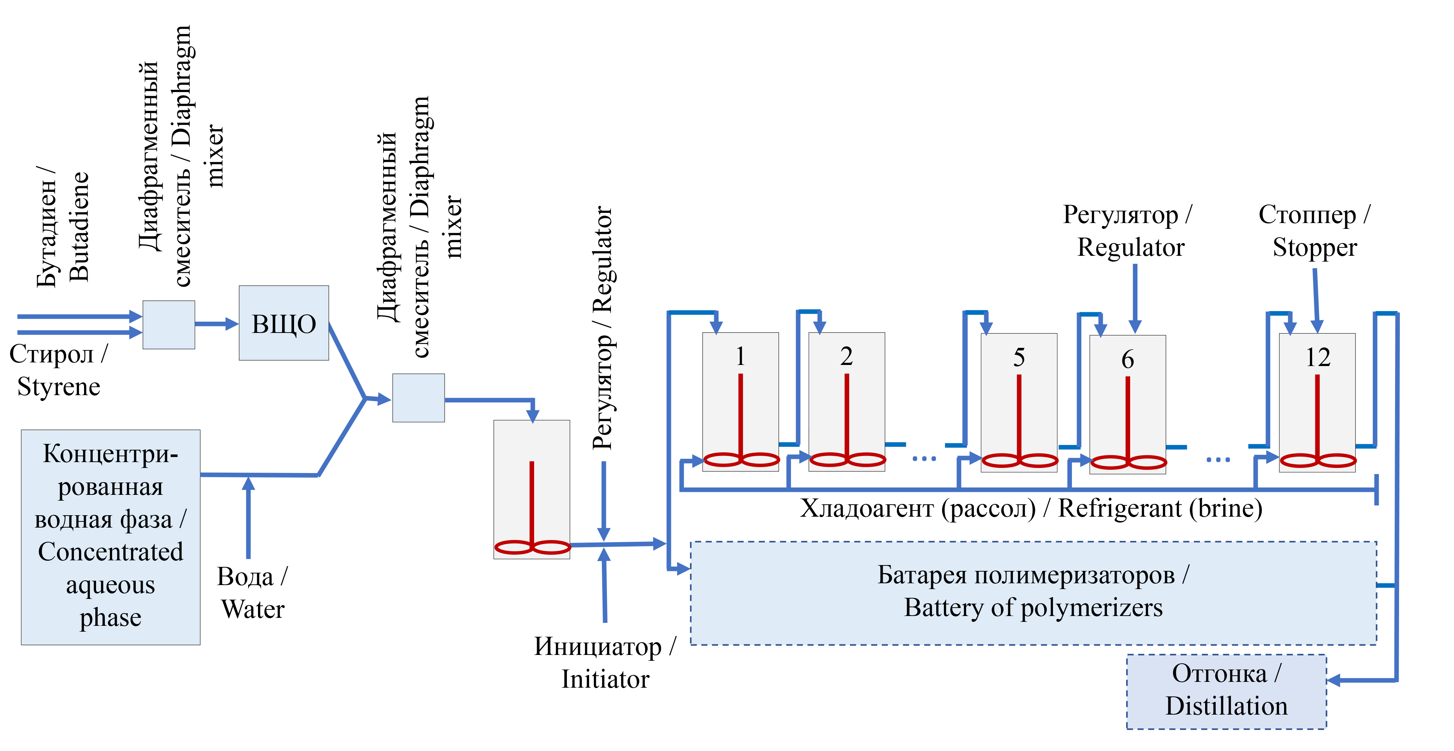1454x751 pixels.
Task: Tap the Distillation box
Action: (x=1226, y=691)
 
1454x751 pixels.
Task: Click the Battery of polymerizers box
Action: (x=1033, y=592)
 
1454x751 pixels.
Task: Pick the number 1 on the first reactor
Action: (x=740, y=356)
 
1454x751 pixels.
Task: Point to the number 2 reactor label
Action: (x=846, y=356)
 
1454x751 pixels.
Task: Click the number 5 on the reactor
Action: (x=1019, y=357)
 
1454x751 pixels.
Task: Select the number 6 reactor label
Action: (x=1127, y=359)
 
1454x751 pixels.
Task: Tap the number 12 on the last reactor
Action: (x=1318, y=357)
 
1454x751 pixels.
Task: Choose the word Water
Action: (x=253, y=609)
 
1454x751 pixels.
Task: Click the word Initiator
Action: (x=605, y=679)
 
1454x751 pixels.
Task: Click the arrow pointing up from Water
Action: (x=249, y=516)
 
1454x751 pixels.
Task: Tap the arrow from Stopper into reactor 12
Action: (x=1316, y=302)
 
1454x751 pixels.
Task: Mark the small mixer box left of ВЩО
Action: (x=169, y=325)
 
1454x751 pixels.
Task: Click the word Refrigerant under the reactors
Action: (x=1119, y=508)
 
